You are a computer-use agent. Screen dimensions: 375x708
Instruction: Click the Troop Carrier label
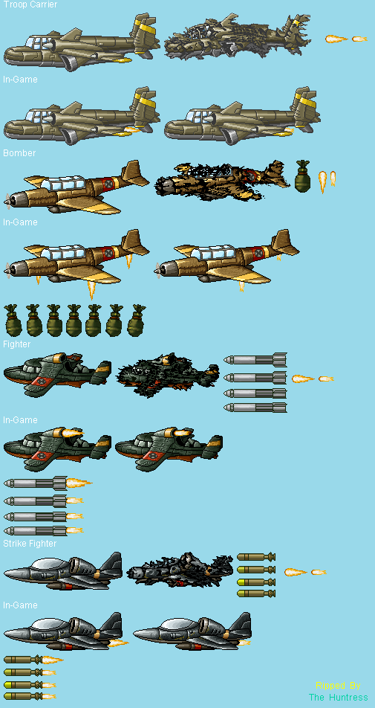point(30,4)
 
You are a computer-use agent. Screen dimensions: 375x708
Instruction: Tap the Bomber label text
point(19,153)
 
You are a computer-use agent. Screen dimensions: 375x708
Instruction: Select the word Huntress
point(348,697)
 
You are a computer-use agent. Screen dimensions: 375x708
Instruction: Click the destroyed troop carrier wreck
point(238,36)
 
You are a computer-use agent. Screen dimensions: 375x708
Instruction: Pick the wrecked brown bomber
point(221,178)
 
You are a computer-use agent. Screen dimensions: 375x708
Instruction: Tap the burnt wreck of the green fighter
point(168,375)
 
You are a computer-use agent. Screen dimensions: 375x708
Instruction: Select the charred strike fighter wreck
point(180,570)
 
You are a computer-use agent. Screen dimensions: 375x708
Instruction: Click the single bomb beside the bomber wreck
point(302,176)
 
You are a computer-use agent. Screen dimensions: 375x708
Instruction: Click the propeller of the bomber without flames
point(7,202)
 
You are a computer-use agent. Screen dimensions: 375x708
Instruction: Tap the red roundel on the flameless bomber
point(108,183)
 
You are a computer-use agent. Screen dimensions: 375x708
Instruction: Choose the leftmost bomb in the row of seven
point(13,320)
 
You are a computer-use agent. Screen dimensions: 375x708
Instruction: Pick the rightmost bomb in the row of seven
point(136,320)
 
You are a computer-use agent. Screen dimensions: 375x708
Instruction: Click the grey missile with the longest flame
point(48,483)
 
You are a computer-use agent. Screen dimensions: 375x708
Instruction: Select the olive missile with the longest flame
point(33,660)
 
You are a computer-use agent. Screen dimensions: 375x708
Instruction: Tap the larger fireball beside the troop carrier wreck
point(336,39)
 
